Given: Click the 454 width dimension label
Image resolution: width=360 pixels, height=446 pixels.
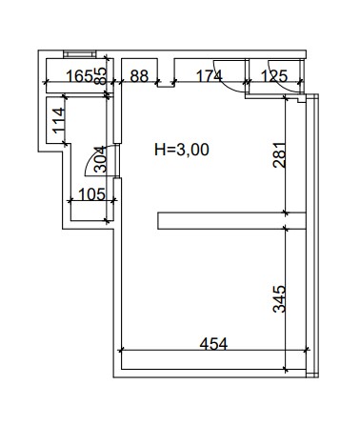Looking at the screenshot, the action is coord(213,344).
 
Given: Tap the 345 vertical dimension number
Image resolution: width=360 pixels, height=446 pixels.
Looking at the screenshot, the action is coord(279,299).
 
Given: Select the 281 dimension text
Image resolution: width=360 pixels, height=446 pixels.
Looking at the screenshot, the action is coord(279,155).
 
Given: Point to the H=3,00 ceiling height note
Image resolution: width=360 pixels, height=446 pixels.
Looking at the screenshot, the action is coord(182,150).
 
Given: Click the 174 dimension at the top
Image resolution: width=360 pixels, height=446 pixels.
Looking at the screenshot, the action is coord(210,76).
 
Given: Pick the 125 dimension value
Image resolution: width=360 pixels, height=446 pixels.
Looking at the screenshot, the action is coord(274,76).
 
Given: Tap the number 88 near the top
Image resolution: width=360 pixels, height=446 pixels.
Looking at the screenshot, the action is coord(139,76).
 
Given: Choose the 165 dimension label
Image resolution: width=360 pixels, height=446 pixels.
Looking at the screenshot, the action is coord(79,76).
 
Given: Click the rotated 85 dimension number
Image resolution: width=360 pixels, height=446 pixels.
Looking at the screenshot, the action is coord(101,76).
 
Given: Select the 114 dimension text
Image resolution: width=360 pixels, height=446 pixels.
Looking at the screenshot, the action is coord(59,121).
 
